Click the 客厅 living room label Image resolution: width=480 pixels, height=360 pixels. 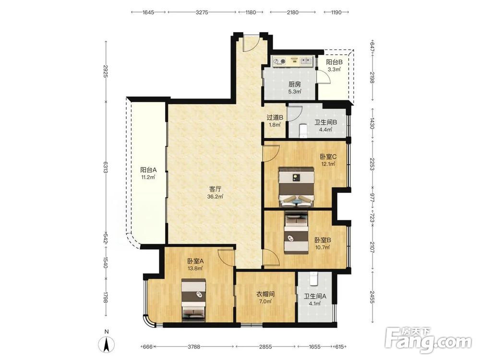215,189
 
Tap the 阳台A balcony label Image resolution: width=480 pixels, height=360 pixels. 148,170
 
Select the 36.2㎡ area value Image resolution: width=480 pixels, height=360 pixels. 215,197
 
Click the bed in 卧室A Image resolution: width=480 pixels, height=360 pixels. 193,300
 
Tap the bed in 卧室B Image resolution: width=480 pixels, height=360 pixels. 296,233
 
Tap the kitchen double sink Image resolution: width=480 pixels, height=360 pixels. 305,61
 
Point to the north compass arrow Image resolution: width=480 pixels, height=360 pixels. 107,344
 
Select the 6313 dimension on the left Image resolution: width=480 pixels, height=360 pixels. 105,167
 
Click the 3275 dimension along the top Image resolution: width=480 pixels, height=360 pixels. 202,12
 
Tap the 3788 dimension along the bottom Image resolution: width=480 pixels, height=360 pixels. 194,347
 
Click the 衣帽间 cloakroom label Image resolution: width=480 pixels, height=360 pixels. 265,294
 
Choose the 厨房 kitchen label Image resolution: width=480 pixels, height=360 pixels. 295,84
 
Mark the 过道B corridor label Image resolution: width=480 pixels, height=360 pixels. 275,117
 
